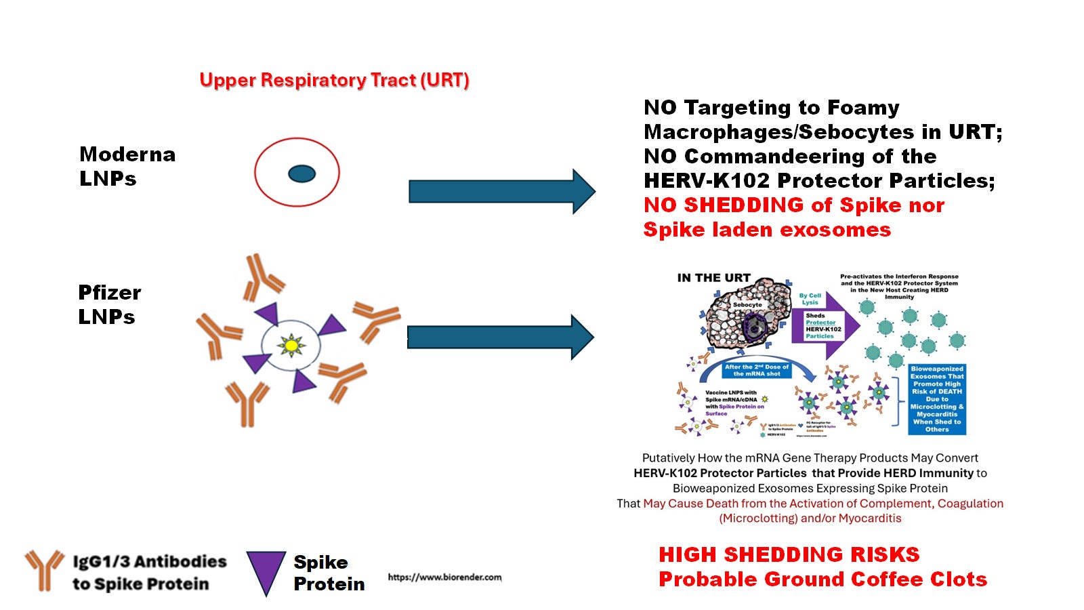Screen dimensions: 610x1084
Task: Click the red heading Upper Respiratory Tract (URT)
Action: tap(334, 80)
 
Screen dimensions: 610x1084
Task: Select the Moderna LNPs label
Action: tap(127, 166)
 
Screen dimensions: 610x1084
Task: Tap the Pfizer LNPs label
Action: tap(109, 304)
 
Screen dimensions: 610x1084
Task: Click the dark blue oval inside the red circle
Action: tap(301, 174)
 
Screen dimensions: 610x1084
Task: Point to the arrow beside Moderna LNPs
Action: tap(501, 192)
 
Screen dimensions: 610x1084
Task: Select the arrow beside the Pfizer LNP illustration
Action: tap(500, 337)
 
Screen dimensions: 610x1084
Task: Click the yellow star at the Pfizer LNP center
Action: tap(291, 346)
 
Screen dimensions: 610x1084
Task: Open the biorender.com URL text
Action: tap(444, 577)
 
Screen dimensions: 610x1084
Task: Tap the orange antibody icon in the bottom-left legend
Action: tap(44, 569)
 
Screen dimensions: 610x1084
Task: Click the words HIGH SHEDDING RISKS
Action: tap(789, 555)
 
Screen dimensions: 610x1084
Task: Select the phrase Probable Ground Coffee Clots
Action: tap(822, 579)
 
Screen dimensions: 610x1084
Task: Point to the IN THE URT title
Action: tap(713, 278)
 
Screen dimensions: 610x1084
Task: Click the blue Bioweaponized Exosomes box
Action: tap(937, 399)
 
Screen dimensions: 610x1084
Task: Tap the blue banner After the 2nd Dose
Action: tap(757, 370)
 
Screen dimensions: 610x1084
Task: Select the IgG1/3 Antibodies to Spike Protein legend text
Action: tap(149, 573)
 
